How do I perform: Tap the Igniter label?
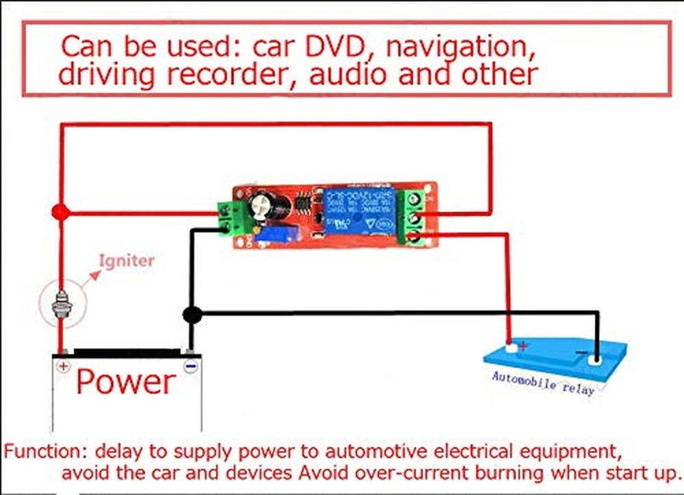pos(127,260)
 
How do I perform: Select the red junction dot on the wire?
pos(60,213)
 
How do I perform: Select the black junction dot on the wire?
pos(192,315)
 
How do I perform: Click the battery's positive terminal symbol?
pos(63,366)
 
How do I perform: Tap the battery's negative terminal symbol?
pos(191,366)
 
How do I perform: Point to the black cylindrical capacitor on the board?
pos(263,205)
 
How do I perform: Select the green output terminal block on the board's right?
pos(415,216)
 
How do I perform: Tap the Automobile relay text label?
pos(542,382)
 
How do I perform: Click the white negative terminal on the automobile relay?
pos(596,357)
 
